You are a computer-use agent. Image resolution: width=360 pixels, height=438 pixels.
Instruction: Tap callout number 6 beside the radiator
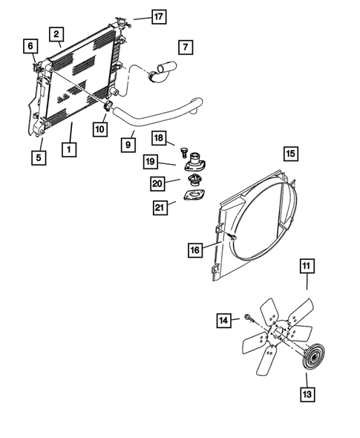(x=30, y=47)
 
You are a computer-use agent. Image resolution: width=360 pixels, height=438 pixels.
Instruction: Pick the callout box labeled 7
(x=186, y=47)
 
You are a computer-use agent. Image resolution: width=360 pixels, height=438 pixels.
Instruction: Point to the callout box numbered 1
(x=68, y=149)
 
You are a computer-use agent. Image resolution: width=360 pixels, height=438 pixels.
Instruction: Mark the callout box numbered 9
(x=128, y=144)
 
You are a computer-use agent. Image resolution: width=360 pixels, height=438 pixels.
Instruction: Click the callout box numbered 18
(x=158, y=138)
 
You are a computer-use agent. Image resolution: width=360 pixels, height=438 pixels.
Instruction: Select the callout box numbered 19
(x=151, y=161)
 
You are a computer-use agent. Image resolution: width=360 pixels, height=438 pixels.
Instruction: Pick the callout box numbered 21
(x=157, y=208)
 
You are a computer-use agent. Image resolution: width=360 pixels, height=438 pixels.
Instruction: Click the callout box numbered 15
(x=290, y=154)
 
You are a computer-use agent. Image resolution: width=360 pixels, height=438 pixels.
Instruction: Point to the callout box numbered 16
(x=194, y=250)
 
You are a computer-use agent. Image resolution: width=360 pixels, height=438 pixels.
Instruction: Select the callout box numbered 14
(x=224, y=320)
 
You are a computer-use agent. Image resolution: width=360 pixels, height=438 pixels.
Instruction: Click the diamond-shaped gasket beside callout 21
(x=194, y=197)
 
